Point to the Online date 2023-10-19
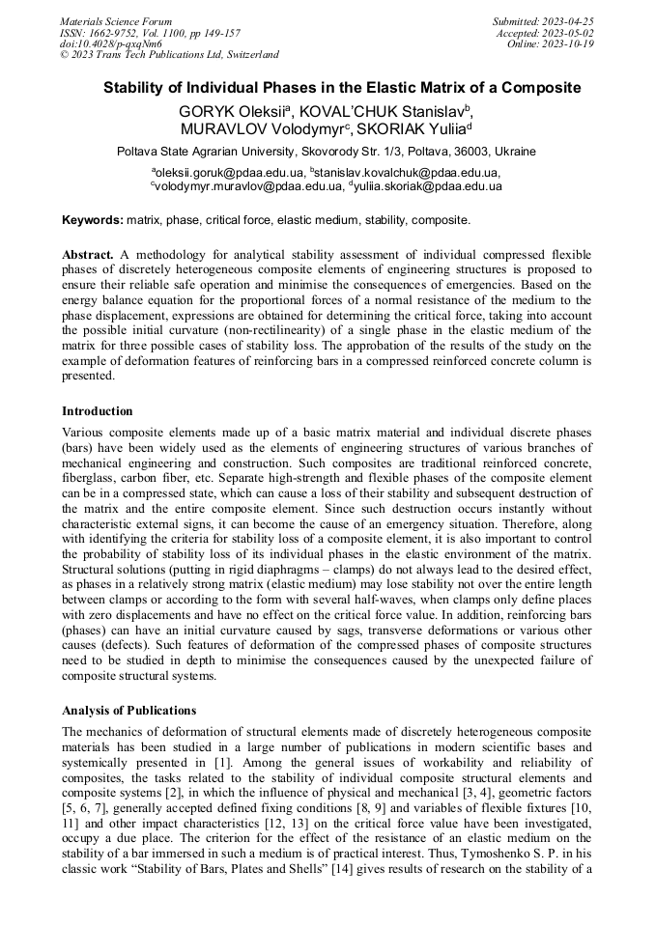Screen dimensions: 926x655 pos(572,43)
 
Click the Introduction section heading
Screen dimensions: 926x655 pos(98,410)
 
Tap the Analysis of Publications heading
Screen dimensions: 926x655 pos(128,711)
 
